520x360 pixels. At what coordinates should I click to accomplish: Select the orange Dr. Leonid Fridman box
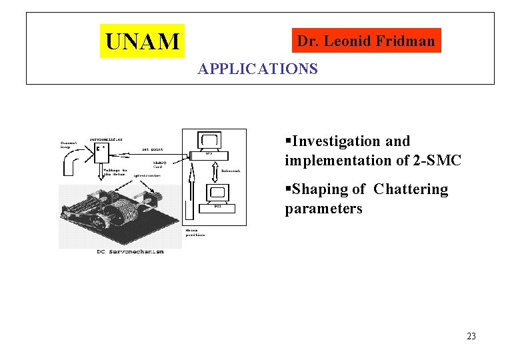365,41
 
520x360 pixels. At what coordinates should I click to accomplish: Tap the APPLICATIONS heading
257,69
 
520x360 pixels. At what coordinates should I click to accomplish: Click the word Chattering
411,189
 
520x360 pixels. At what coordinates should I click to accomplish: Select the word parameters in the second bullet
323,209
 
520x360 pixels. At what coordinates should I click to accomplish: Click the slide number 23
471,336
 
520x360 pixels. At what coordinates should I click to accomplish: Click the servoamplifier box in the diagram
101,152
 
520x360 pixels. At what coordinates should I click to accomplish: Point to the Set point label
152,149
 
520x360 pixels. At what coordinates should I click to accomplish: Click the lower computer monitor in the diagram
218,194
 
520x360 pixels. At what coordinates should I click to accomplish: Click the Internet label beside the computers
231,171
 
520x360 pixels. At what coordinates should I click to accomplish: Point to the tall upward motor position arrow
191,193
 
